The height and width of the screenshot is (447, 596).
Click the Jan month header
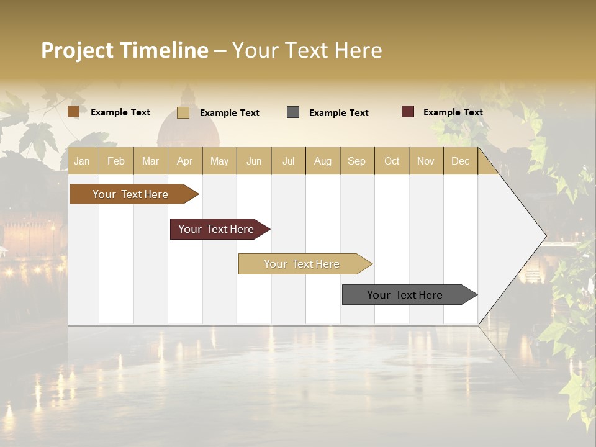click(x=82, y=161)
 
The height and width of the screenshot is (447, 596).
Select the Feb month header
click(x=116, y=161)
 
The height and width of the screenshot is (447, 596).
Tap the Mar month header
click(x=150, y=161)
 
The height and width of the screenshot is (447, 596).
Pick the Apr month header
click(x=185, y=161)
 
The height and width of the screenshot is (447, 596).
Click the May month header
click(x=219, y=161)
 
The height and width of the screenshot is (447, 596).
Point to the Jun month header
click(x=254, y=161)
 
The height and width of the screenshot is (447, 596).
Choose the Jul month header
click(x=288, y=161)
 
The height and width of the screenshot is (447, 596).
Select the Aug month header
click(x=323, y=161)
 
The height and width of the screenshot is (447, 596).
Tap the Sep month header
click(x=357, y=161)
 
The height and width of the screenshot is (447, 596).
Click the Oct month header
click(x=392, y=161)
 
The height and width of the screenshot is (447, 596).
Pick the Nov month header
click(x=426, y=161)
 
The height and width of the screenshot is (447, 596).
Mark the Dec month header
click(x=461, y=161)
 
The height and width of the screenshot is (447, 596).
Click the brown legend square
click(x=73, y=112)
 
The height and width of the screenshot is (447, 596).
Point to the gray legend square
click(x=293, y=112)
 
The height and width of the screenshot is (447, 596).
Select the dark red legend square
click(x=408, y=112)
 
